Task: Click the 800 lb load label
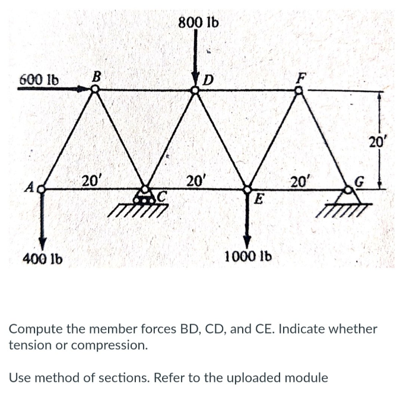pyautogui.click(x=198, y=23)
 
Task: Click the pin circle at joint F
pyautogui.click(x=300, y=90)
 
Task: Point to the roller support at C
pyautogui.click(x=144, y=196)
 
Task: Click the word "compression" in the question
pyautogui.click(x=112, y=344)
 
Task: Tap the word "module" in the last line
pyautogui.click(x=303, y=377)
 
